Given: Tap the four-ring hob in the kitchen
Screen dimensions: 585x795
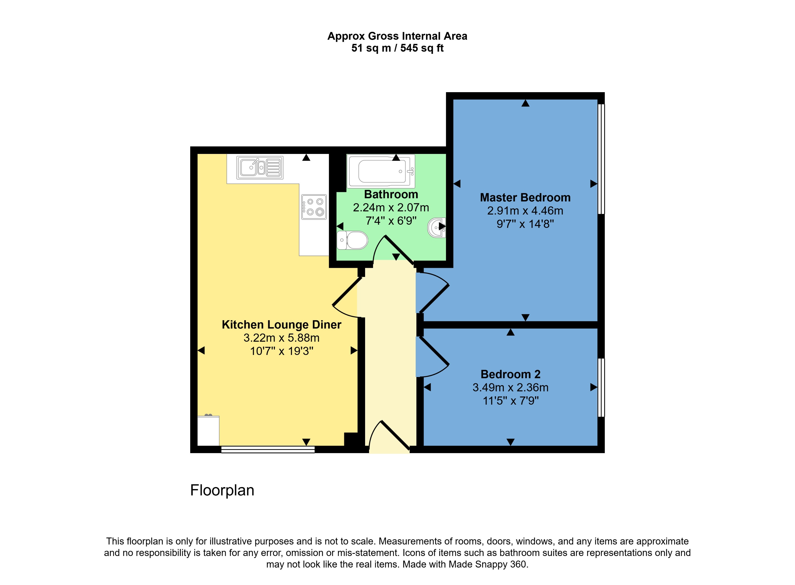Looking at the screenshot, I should [x=314, y=207].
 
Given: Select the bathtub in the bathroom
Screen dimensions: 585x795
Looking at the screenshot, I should [x=381, y=171].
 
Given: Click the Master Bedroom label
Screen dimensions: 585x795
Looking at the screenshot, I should [x=525, y=198].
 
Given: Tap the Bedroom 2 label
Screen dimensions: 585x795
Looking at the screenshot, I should [x=510, y=374].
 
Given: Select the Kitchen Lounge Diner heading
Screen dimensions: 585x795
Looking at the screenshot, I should [x=281, y=325].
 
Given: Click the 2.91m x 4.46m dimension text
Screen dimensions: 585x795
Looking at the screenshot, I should [x=525, y=211].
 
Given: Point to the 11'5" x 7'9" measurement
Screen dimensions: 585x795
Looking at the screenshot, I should [x=510, y=401].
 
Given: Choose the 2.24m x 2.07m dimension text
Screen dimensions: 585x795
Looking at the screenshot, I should [x=391, y=208].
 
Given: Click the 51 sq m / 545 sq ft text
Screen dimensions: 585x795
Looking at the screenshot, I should [x=397, y=48].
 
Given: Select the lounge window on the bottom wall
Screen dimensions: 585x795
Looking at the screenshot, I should [x=268, y=449].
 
